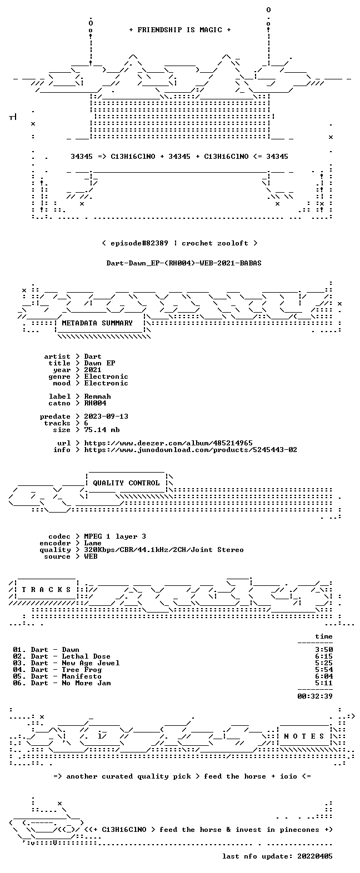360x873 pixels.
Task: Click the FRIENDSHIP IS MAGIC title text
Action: (180, 29)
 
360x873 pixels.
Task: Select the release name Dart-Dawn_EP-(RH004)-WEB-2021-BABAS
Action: (184, 263)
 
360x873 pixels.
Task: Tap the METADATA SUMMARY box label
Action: (97, 323)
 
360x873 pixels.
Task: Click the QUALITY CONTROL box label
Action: (126, 483)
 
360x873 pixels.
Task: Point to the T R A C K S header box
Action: (46, 590)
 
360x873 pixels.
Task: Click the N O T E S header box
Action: (304, 736)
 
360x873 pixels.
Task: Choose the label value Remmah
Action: (98, 397)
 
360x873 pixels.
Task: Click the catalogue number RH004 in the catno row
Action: (95, 403)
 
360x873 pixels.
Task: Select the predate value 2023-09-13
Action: (106, 417)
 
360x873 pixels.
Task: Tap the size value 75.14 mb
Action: (102, 430)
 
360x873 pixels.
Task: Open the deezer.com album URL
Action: (168, 443)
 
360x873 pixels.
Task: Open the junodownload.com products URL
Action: (191, 450)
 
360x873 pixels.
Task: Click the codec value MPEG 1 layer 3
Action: (115, 536)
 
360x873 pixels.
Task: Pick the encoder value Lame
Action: (93, 543)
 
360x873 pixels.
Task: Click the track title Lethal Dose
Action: (86, 657)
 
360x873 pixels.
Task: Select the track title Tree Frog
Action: (82, 670)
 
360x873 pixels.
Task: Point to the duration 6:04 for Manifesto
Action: (324, 676)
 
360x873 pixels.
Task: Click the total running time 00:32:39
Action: (315, 696)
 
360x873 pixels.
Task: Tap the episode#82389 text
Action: (139, 243)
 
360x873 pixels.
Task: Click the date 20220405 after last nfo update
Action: (315, 856)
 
